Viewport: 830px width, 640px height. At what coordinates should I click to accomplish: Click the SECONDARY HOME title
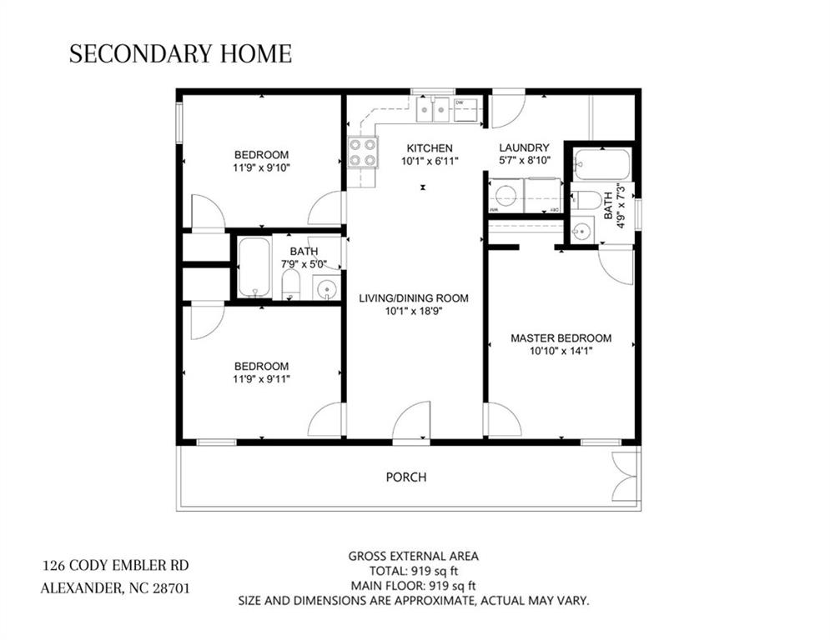(180, 54)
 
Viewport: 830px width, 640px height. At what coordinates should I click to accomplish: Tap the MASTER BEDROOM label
(561, 338)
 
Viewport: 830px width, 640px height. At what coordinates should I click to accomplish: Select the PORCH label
(406, 477)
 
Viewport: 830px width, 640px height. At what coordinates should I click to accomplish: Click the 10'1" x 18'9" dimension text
(413, 311)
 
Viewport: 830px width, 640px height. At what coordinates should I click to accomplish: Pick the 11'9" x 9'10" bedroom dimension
(261, 167)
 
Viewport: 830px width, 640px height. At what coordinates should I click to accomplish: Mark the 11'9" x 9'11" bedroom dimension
(261, 379)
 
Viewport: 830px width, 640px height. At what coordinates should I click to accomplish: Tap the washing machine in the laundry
(506, 197)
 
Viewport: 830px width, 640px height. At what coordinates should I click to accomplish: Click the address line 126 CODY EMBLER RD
(121, 565)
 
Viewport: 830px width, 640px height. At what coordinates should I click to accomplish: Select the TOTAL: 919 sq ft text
(413, 571)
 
